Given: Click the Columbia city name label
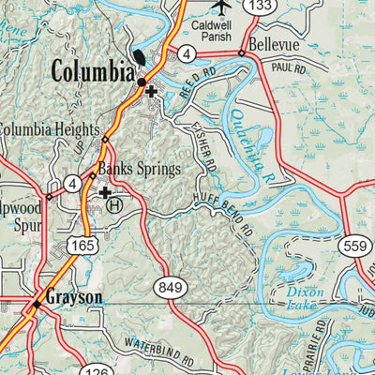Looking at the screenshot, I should [x=92, y=71].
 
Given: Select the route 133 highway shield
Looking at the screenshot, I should [x=262, y=7].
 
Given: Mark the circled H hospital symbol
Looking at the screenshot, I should [x=113, y=202].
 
